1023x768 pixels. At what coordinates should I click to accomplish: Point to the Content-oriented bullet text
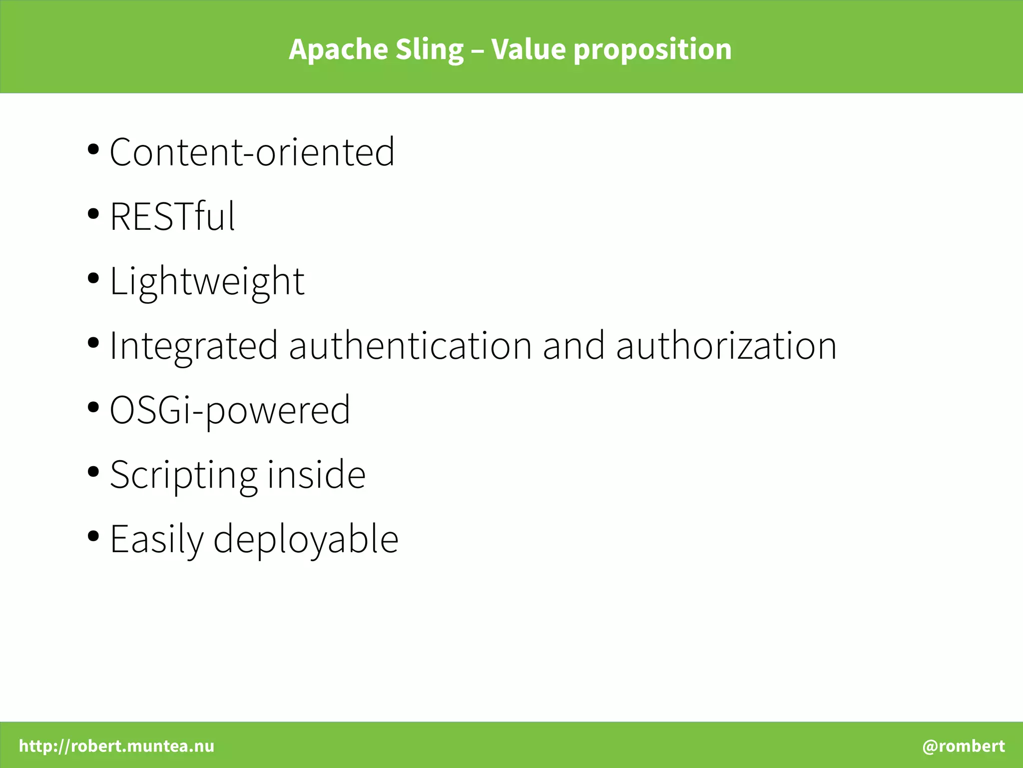pyautogui.click(x=252, y=152)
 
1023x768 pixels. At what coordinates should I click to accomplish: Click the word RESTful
pyautogui.click(x=172, y=217)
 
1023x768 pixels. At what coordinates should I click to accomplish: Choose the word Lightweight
pyautogui.click(x=207, y=282)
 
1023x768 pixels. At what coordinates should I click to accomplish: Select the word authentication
pyautogui.click(x=411, y=346)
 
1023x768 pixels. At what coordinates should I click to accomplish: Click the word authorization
pyautogui.click(x=726, y=346)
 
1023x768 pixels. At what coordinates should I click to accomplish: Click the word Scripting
pyautogui.click(x=183, y=475)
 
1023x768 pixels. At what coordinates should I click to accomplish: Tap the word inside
pyautogui.click(x=317, y=475)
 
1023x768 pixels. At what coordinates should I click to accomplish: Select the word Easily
pyautogui.click(x=157, y=540)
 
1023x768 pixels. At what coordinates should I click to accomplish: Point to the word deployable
pyautogui.click(x=306, y=540)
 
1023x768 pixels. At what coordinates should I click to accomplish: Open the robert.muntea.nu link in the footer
pyautogui.click(x=117, y=746)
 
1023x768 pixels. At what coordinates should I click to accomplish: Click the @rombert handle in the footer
pyautogui.click(x=964, y=746)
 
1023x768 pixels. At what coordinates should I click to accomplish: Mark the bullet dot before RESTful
pyautogui.click(x=93, y=214)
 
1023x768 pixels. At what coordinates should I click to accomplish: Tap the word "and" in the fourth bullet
pyautogui.click(x=574, y=346)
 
